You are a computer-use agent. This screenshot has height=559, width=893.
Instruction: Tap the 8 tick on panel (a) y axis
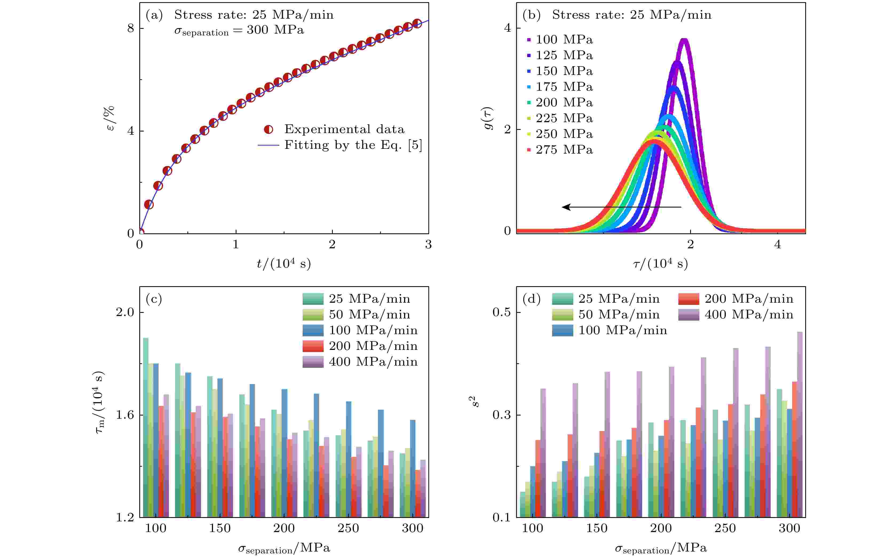click(x=131, y=29)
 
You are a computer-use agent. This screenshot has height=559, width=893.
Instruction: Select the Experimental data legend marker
click(x=268, y=129)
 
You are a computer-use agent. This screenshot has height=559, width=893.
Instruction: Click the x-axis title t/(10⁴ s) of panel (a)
click(x=284, y=263)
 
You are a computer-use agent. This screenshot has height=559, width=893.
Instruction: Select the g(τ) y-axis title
click(x=489, y=118)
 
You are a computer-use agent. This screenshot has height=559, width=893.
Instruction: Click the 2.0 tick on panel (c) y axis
click(x=125, y=312)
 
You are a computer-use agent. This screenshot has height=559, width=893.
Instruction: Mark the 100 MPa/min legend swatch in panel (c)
click(x=313, y=330)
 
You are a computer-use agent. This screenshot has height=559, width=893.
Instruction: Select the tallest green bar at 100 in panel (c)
click(x=146, y=425)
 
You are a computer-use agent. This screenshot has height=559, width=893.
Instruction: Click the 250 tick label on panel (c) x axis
click(x=348, y=528)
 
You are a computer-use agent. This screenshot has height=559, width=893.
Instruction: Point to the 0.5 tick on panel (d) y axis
click(x=501, y=312)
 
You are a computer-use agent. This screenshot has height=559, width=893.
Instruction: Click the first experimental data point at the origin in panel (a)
click(x=140, y=233)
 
